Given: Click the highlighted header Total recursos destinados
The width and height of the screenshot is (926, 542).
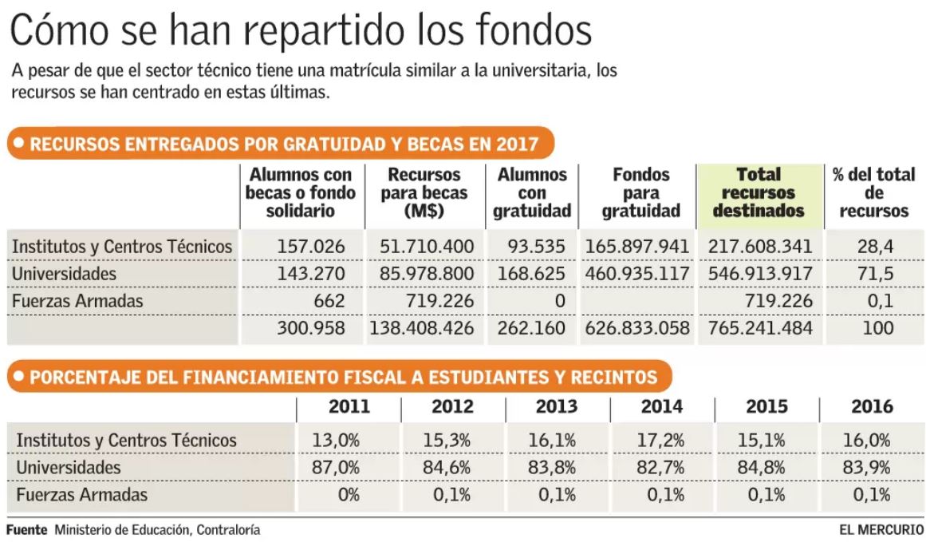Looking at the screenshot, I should click(759, 193).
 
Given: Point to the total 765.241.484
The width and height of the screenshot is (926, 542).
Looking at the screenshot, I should click(760, 328).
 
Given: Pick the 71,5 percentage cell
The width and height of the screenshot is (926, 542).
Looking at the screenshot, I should click(874, 274).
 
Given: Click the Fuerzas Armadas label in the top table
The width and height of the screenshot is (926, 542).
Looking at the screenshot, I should click(78, 301).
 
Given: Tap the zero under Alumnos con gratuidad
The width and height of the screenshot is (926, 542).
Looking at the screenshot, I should click(559, 301).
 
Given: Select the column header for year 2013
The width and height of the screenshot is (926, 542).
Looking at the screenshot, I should click(557, 406).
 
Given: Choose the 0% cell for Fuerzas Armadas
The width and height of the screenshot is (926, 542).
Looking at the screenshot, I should click(349, 495).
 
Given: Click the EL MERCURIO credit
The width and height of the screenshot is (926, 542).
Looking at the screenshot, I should click(881, 529).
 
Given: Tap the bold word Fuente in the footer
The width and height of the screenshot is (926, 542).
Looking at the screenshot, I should click(27, 529).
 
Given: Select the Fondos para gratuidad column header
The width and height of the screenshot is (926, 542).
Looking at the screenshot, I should click(640, 193).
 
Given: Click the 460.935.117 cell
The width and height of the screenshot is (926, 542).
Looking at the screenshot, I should click(637, 274).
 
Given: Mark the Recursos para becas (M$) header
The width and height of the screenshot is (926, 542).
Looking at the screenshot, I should click(424, 193).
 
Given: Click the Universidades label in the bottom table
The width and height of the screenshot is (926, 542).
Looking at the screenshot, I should click(69, 467).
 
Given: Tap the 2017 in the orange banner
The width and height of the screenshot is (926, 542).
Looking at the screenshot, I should click(516, 144).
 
